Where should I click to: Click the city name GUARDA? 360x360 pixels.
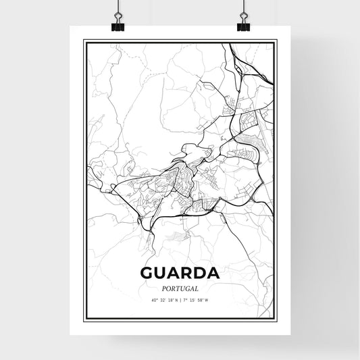tap(180, 274)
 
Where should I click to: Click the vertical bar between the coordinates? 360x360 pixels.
tap(180, 299)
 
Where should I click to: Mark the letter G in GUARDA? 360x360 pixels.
tap(148, 274)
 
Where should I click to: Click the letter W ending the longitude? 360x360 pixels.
tap(215, 299)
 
